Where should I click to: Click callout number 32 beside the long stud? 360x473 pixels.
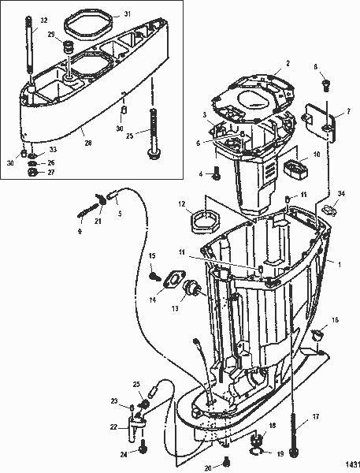[x=21, y=20]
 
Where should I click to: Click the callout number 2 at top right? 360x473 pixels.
[x=288, y=63]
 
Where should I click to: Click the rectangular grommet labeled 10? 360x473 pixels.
[x=295, y=171]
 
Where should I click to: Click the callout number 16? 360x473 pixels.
[x=336, y=321]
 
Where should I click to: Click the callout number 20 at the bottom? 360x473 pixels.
[x=207, y=467]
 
